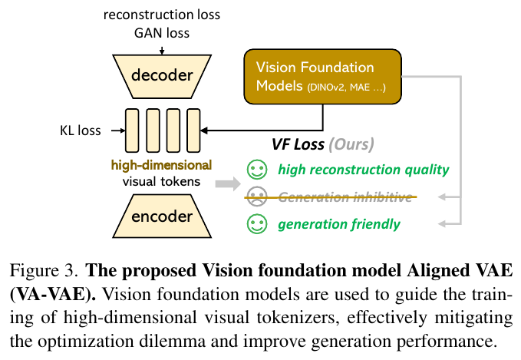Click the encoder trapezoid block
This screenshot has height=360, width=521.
pos(161,217)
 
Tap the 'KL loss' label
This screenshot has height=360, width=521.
pos(81,130)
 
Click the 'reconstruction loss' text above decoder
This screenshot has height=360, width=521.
pos(161,15)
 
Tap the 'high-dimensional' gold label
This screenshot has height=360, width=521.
pos(160,165)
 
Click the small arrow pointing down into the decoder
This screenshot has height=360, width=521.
pos(162,49)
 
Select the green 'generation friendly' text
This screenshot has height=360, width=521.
pos(338,224)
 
